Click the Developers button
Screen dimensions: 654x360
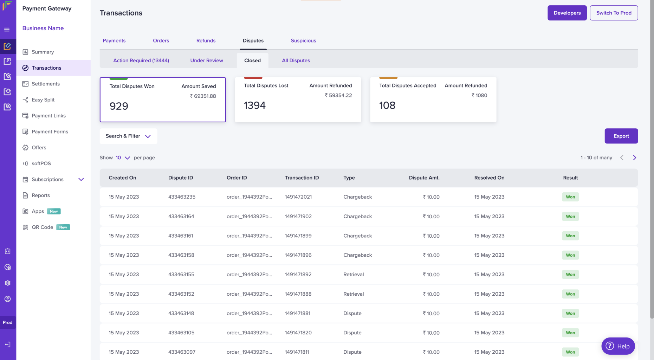[x=567, y=13]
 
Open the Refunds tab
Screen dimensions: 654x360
[x=206, y=40]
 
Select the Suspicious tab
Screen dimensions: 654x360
[x=303, y=40]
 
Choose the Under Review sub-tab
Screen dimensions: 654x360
[x=207, y=60]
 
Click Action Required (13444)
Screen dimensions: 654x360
[x=141, y=60]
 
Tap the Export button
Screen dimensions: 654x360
[x=621, y=136]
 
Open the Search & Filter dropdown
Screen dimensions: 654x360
[x=128, y=136]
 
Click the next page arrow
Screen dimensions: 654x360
[x=634, y=157]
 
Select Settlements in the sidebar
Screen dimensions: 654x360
[x=46, y=84]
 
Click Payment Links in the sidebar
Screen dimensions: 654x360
[x=48, y=116]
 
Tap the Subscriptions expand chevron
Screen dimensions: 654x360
[x=81, y=179]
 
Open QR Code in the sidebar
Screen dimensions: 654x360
[x=43, y=227]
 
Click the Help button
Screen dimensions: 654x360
[x=618, y=346]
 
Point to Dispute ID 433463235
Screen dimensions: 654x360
[x=182, y=197]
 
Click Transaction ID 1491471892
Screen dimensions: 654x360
[x=298, y=274]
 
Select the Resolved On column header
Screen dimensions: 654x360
[x=489, y=178]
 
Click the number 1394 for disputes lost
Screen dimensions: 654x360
[x=255, y=105]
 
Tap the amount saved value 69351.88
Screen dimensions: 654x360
[x=203, y=96]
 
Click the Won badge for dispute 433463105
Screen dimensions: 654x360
[x=570, y=333]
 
